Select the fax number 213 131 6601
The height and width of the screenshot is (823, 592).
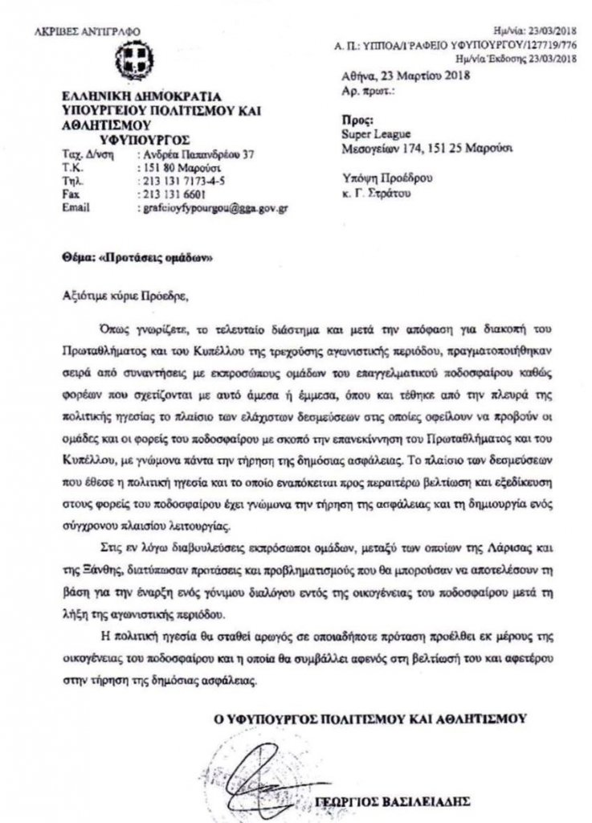(x=174, y=194)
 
